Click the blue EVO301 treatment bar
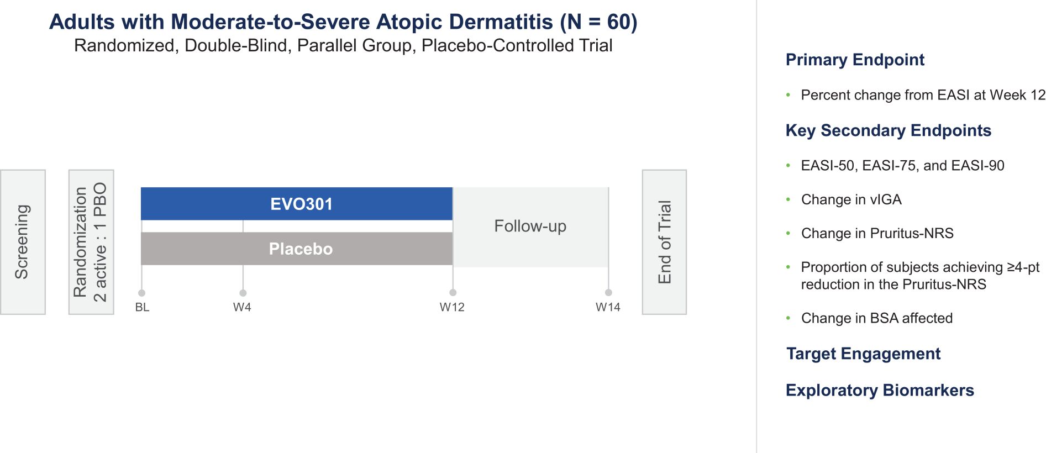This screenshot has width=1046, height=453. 297,204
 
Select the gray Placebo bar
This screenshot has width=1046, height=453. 297,249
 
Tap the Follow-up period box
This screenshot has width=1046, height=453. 530,227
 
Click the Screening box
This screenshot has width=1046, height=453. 23,242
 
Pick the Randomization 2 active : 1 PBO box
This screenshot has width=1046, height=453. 91,242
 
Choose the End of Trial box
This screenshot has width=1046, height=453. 664,242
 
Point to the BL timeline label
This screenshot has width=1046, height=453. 142,307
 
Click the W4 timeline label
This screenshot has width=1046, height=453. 242,307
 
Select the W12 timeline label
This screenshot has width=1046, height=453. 452,307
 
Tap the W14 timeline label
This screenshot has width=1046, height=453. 608,307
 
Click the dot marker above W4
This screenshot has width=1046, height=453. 243,293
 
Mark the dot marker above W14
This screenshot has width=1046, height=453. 608,293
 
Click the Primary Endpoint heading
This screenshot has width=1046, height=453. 855,60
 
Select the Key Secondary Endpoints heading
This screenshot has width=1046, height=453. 889,130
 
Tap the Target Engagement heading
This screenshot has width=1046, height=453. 864,354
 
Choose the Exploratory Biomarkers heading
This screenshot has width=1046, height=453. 880,390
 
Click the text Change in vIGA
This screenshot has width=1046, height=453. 851,199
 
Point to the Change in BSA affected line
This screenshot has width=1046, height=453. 877,318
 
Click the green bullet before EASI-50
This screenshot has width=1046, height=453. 789,165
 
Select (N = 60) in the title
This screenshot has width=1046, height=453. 599,22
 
